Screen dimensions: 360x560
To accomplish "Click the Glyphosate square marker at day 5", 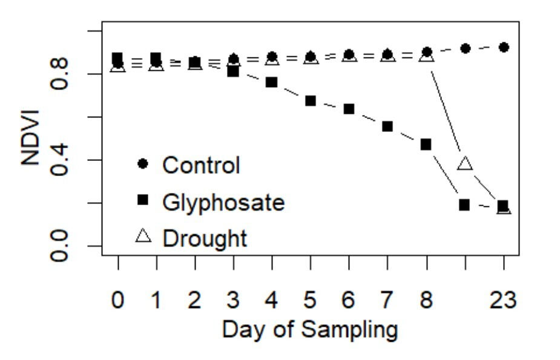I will click(310, 100).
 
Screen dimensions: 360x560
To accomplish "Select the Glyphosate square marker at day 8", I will click(426, 145).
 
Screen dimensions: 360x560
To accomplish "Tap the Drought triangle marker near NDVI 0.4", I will click(464, 163).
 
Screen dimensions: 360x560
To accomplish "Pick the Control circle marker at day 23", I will click(503, 47).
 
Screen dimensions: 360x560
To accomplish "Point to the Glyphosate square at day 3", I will click(233, 71).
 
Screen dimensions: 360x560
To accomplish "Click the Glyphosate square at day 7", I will click(387, 126).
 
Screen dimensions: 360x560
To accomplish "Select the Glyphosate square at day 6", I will click(349, 109).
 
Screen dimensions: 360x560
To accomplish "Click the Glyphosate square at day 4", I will click(272, 82).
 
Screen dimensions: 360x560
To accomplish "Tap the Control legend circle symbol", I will click(143, 164).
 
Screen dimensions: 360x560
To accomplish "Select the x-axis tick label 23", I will click(503, 299).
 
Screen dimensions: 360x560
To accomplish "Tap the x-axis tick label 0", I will click(118, 299).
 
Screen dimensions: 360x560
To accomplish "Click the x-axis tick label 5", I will click(311, 299).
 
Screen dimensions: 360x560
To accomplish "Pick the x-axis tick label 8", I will click(426, 299).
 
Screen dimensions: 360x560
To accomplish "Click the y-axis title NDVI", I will click(30, 138).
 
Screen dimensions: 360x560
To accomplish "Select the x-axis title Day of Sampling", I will click(310, 330).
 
